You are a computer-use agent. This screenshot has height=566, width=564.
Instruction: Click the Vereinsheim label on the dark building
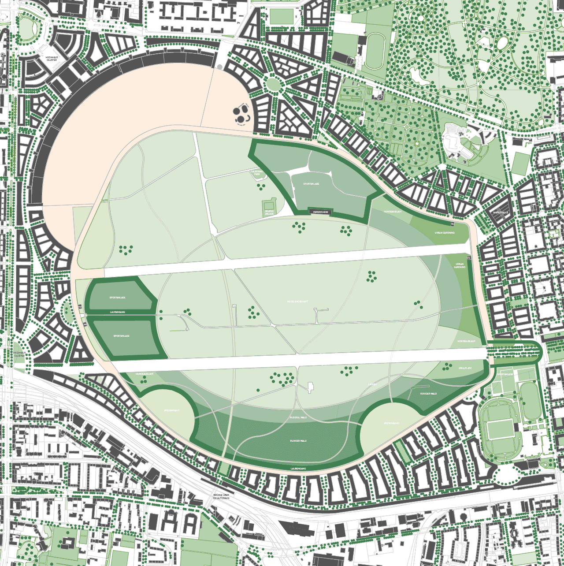320,212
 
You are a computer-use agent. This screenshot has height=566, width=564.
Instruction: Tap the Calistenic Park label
257,173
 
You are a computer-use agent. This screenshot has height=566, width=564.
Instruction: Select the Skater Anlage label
269,212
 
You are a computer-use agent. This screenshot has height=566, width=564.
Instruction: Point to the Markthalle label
501,212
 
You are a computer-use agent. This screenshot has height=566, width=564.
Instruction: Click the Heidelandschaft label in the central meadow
297,302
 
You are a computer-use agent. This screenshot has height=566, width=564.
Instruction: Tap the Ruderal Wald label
298,417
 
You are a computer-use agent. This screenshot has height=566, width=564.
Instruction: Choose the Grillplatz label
465,368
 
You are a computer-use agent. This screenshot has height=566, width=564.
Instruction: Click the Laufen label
372,384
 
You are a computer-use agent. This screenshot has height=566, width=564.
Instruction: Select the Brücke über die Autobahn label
221,496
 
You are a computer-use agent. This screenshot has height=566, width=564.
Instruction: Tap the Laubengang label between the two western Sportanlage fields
117,312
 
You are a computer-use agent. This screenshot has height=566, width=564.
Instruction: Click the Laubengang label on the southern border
298,468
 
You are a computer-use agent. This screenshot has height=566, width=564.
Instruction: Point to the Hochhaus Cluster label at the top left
52,58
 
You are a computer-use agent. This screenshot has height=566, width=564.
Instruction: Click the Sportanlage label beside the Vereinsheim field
311,184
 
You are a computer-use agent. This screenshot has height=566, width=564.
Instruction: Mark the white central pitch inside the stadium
500,429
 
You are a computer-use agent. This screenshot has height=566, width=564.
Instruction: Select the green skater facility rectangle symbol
268,205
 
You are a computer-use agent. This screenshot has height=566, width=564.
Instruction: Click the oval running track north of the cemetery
374,51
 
